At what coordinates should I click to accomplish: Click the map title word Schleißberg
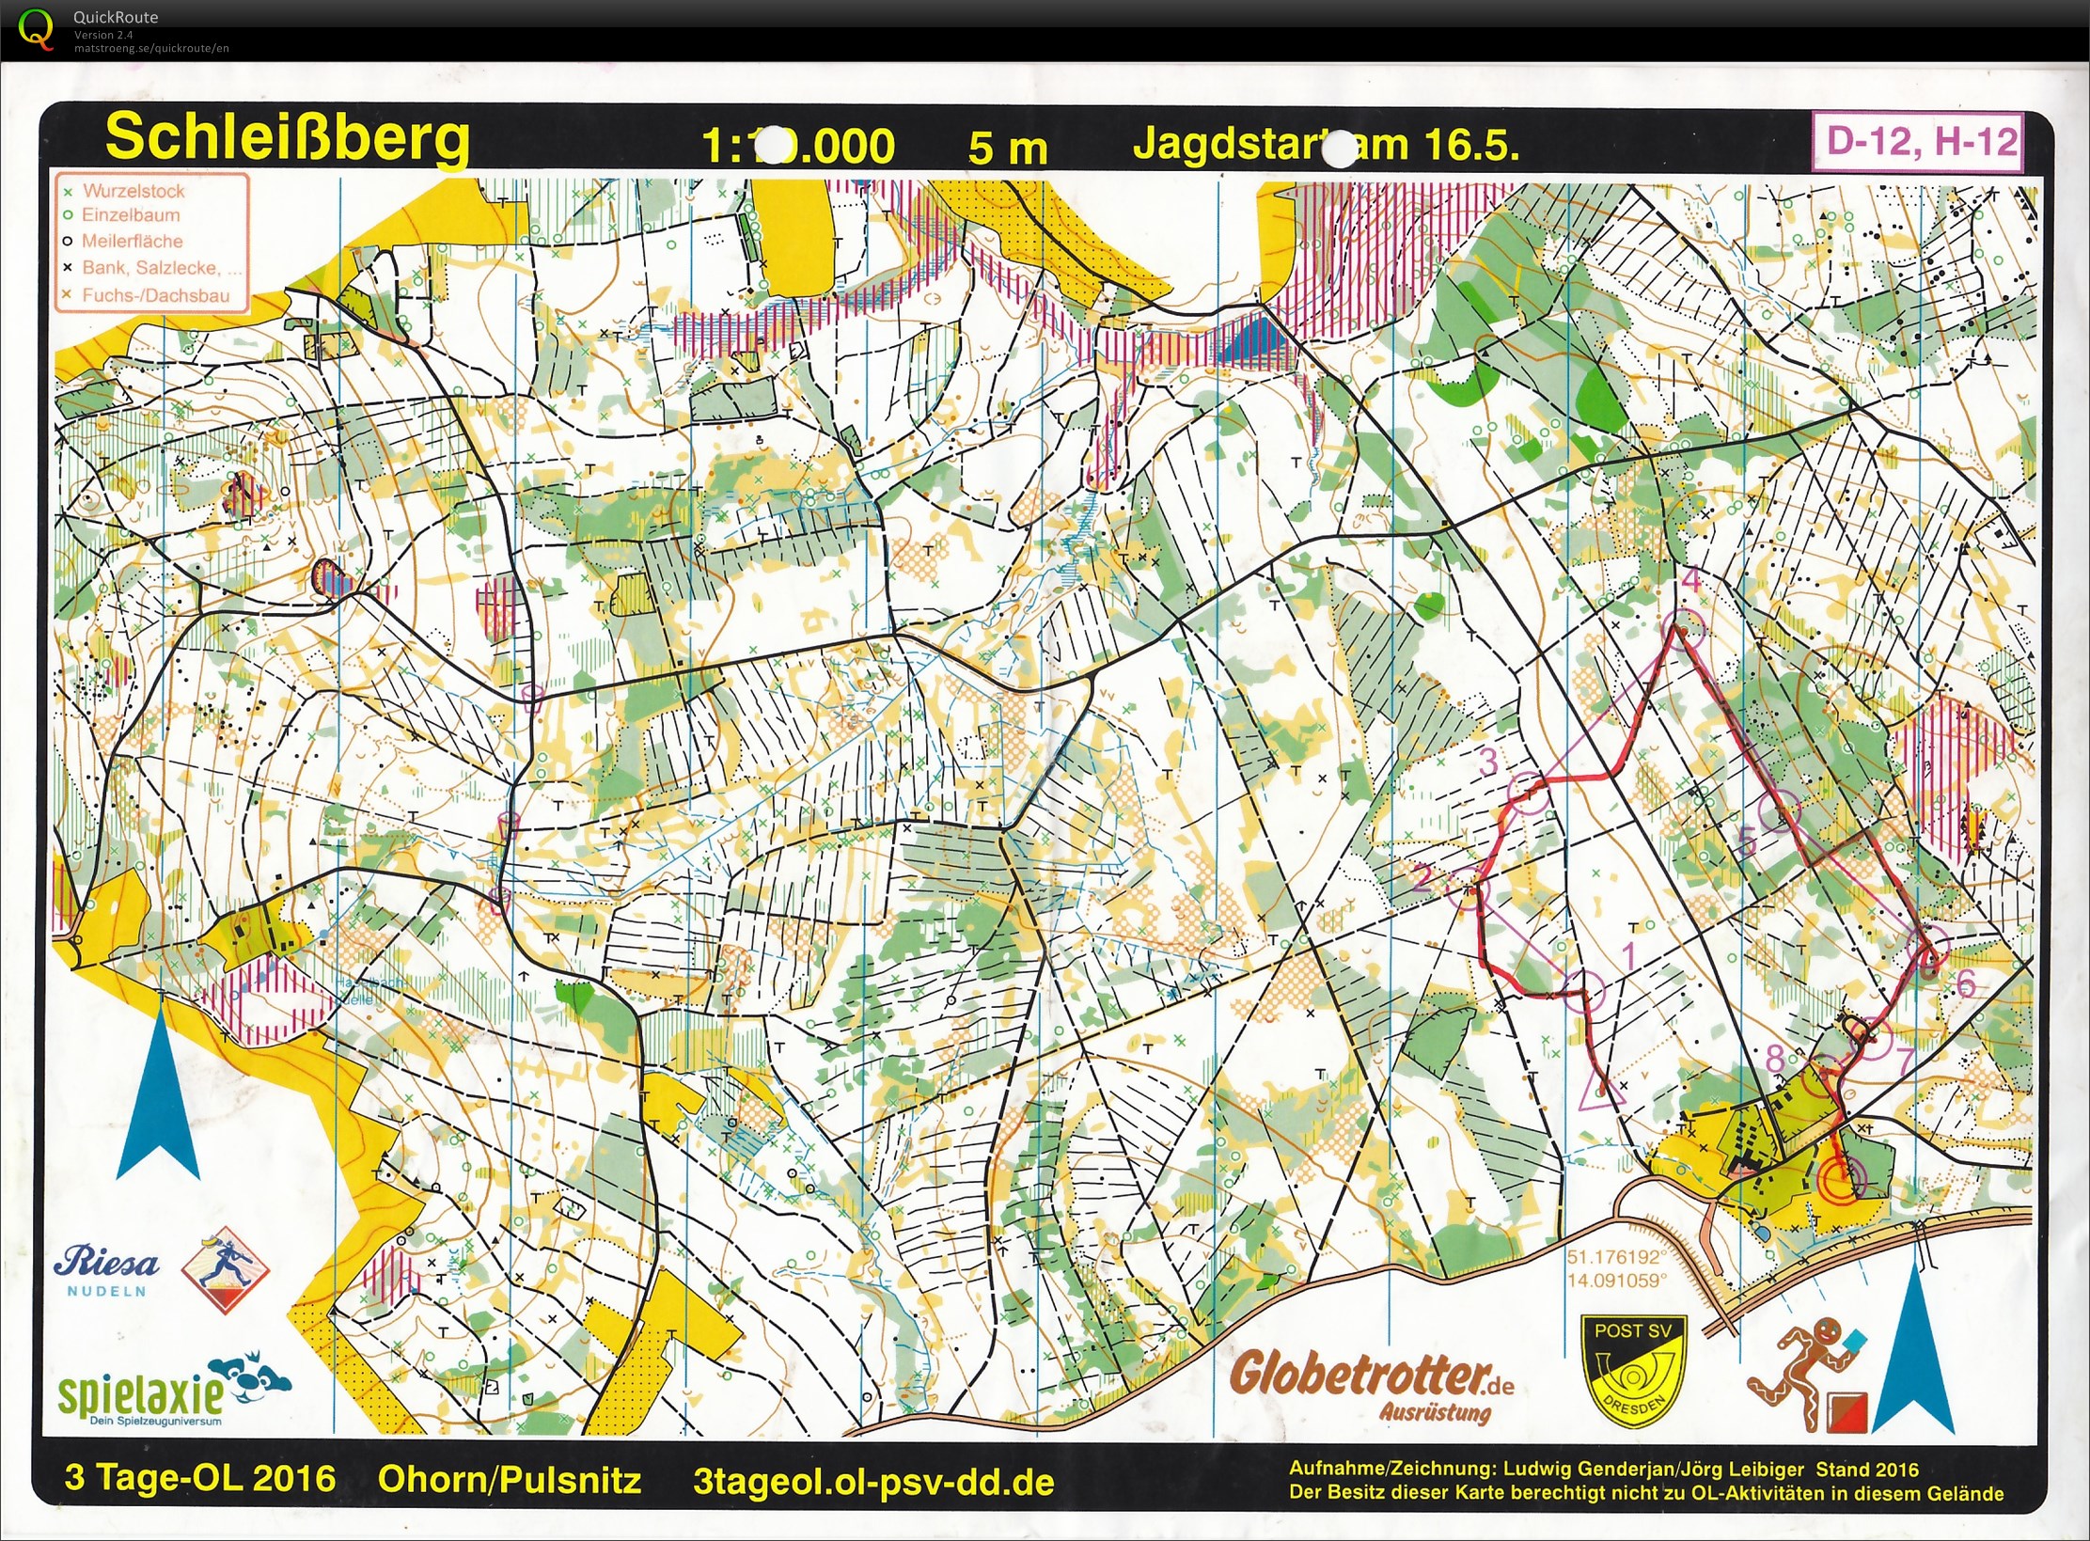coord(287,139)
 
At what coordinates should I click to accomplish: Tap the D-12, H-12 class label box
coord(1921,142)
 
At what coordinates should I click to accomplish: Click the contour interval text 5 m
coord(1007,149)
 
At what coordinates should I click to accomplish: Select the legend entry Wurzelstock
coord(133,191)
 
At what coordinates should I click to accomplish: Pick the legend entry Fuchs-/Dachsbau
coord(154,295)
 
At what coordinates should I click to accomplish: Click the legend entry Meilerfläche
coord(131,242)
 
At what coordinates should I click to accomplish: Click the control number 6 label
coord(1965,983)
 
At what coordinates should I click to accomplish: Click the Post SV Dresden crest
coord(1632,1370)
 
